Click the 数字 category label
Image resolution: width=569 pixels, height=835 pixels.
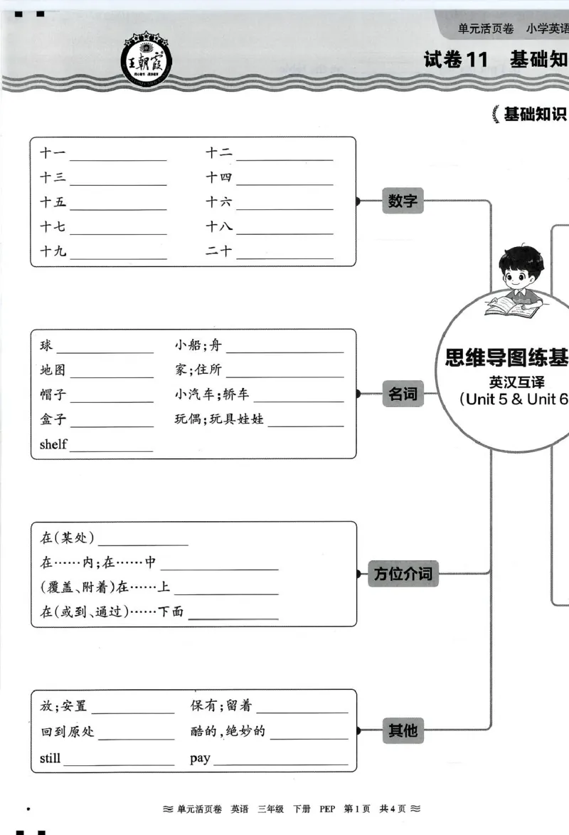click(403, 201)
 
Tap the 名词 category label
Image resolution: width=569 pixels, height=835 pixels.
click(403, 393)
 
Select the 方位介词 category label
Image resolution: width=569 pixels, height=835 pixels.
click(403, 574)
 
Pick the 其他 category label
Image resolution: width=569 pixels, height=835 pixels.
click(403, 730)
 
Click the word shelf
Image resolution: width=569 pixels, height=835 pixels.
click(53, 445)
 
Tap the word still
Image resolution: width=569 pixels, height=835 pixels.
click(50, 758)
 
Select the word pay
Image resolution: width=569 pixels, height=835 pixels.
click(200, 758)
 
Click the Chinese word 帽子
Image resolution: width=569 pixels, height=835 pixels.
click(53, 396)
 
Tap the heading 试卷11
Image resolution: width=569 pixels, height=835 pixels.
click(456, 60)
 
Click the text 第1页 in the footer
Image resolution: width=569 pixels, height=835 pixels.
click(357, 809)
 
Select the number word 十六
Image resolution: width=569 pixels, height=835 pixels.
click(219, 202)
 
